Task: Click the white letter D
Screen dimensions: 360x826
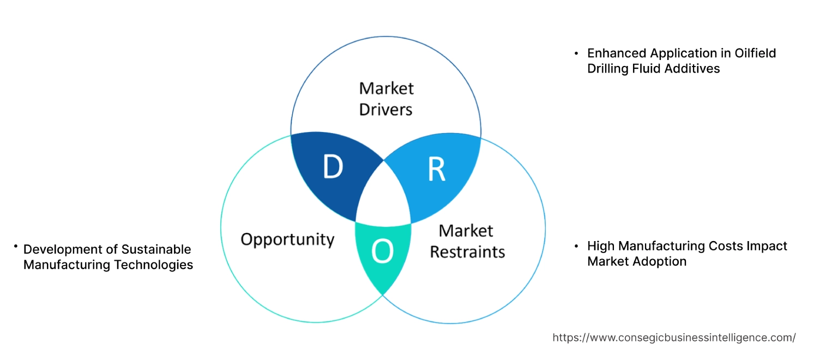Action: pyautogui.click(x=333, y=167)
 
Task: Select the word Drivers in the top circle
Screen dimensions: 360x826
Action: pyautogui.click(x=385, y=109)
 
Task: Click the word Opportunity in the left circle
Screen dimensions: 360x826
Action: pyautogui.click(x=287, y=239)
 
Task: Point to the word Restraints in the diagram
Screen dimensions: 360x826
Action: pyautogui.click(x=467, y=251)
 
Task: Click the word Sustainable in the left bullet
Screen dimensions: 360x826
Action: pyautogui.click(x=156, y=249)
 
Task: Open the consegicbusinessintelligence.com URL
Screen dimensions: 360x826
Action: pyautogui.click(x=674, y=338)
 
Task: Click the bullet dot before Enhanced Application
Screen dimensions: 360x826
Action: pyautogui.click(x=576, y=53)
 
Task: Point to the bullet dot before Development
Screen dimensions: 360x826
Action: pyautogui.click(x=16, y=247)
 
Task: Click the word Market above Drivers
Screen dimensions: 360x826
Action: pyautogui.click(x=386, y=88)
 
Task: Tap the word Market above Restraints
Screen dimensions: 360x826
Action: pyautogui.click(x=466, y=231)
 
